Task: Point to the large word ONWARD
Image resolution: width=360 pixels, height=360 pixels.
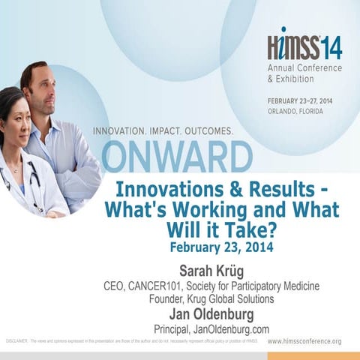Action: pyautogui.click(x=177, y=157)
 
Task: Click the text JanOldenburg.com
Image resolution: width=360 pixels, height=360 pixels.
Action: pyautogui.click(x=235, y=329)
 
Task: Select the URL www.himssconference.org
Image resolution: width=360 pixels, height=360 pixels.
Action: pyautogui.click(x=304, y=342)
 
